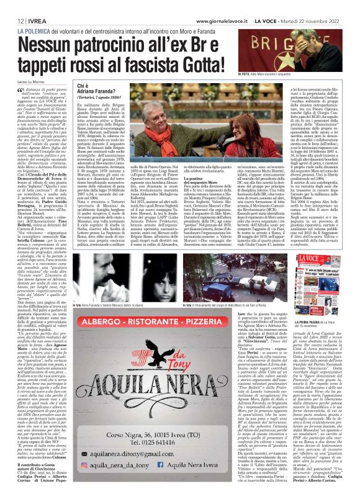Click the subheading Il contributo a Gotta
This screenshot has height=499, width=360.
[x=36, y=464]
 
